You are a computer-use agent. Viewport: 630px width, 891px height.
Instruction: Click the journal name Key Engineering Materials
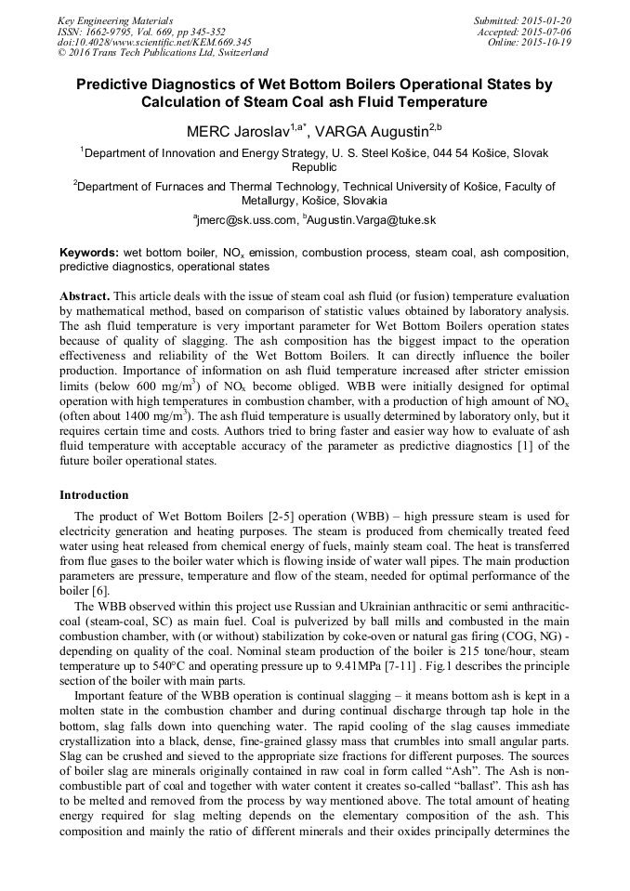[x=115, y=20]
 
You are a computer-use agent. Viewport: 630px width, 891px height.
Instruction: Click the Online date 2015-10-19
[x=549, y=42]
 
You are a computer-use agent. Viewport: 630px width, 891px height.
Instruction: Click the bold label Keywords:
[x=89, y=253]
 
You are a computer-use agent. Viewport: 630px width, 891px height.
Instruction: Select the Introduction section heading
[x=94, y=495]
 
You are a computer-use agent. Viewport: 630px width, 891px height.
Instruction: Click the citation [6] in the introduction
[x=100, y=591]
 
